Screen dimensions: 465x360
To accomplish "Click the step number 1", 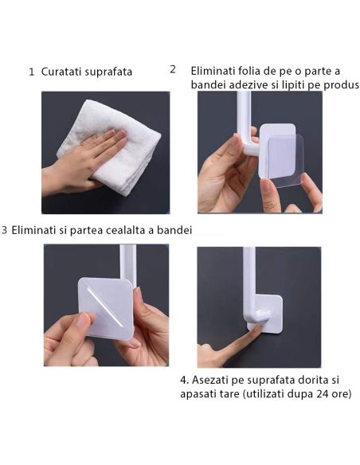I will point(32,72).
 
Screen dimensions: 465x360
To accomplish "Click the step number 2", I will point(173,68).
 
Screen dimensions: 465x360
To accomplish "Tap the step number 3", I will point(5,230).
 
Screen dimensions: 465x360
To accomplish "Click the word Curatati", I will point(64,72).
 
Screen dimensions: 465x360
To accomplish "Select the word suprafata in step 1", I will point(111,72).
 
